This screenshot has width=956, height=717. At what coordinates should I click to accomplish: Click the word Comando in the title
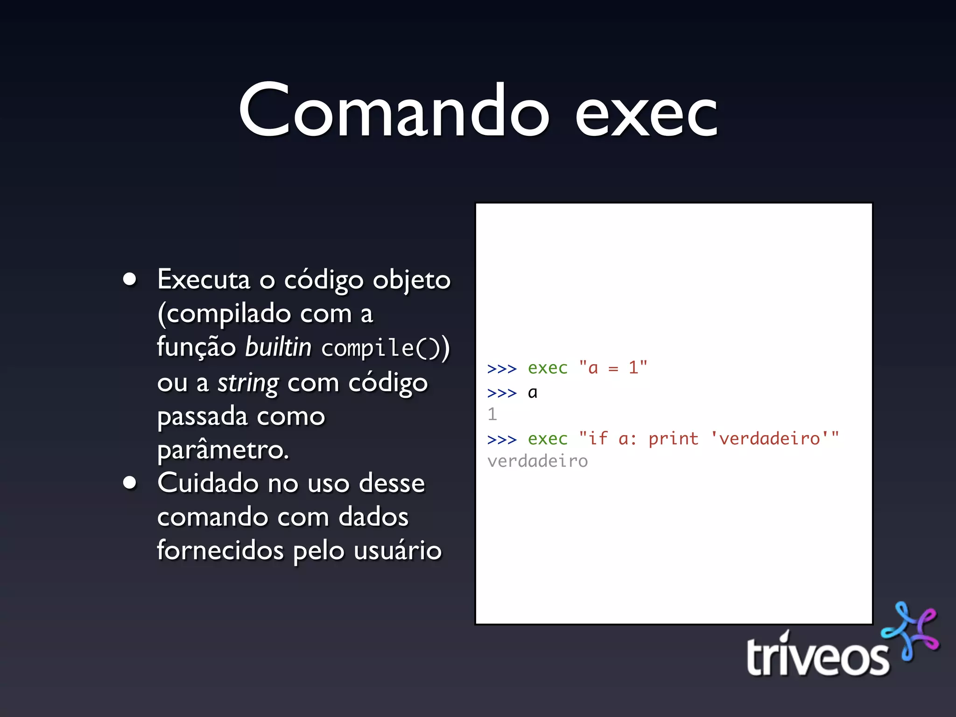click(394, 111)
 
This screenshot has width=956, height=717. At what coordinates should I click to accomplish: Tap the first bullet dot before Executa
click(130, 279)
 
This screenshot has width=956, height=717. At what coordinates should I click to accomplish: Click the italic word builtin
click(278, 347)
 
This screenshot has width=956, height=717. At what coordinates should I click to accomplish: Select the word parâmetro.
click(223, 450)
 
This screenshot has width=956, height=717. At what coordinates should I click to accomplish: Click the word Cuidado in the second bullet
click(207, 483)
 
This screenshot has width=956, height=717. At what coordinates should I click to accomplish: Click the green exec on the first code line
click(548, 368)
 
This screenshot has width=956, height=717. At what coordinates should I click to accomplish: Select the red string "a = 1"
click(613, 368)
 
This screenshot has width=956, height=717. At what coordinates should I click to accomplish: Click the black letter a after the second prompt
click(533, 393)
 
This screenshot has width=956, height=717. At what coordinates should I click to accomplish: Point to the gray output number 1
click(492, 414)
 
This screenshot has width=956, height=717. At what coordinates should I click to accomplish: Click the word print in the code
click(673, 438)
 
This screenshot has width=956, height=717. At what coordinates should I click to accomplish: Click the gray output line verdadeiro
click(537, 461)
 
